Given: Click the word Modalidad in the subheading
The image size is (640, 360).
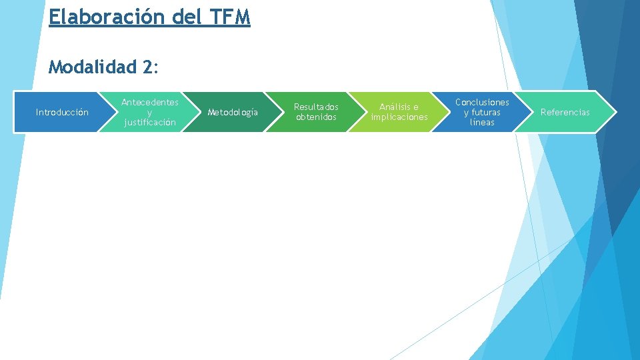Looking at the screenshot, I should (x=92, y=67).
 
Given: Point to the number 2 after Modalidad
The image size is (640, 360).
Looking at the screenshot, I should (x=147, y=67).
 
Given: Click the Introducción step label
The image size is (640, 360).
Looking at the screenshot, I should (x=62, y=112).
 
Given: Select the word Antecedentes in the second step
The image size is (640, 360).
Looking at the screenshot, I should (x=149, y=102).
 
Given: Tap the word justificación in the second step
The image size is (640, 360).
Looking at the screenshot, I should (x=149, y=122).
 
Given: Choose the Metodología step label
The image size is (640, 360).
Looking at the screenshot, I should (x=233, y=112).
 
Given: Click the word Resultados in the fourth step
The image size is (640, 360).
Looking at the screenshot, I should (x=316, y=107).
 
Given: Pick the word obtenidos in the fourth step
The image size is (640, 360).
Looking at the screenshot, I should (x=316, y=117).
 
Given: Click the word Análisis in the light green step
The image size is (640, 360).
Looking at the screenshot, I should (x=399, y=107).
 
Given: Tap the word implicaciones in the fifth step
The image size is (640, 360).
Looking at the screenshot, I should (x=399, y=117).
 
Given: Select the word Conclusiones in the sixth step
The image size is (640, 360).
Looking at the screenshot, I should (x=482, y=102).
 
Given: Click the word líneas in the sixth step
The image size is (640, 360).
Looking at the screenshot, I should (x=482, y=122).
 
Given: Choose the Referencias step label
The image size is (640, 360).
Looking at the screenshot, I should (x=565, y=112).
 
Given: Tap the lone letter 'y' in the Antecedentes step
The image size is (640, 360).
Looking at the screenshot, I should (x=149, y=113).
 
